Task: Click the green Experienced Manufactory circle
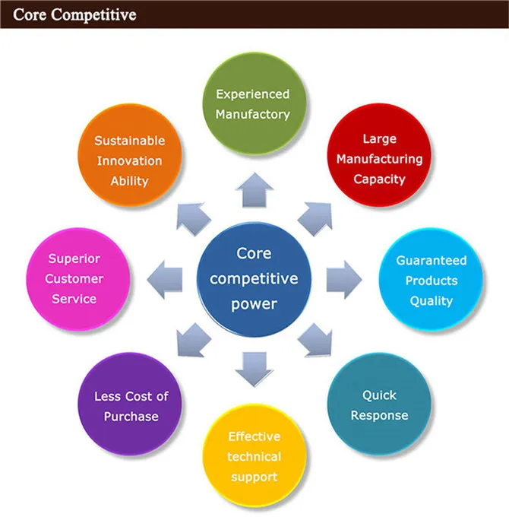[253, 104]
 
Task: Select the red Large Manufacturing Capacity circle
[379, 159]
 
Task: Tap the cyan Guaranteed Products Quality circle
[431, 281]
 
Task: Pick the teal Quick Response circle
[384, 405]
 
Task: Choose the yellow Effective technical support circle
[254, 457]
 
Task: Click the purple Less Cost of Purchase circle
[131, 407]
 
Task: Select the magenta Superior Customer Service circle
[74, 279]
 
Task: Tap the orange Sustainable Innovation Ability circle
[129, 160]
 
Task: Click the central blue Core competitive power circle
[254, 278]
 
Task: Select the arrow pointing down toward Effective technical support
[254, 366]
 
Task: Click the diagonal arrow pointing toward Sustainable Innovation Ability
[193, 216]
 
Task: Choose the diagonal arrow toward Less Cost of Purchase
[192, 341]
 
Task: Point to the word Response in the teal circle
[384, 416]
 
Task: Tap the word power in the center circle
[254, 304]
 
